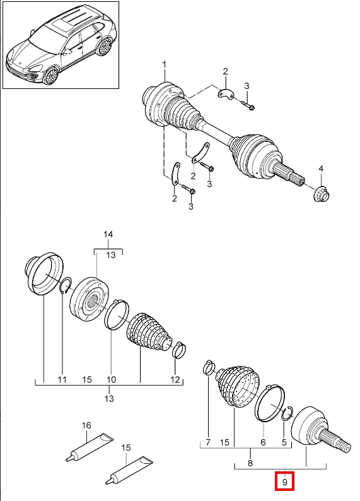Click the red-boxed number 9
(x=285, y=481)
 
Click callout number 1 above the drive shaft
(x=165, y=65)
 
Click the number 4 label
(x=321, y=168)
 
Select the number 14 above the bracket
(x=108, y=235)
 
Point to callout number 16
(x=86, y=425)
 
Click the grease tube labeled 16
(x=90, y=447)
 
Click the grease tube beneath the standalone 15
(x=129, y=470)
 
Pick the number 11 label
(x=62, y=380)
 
